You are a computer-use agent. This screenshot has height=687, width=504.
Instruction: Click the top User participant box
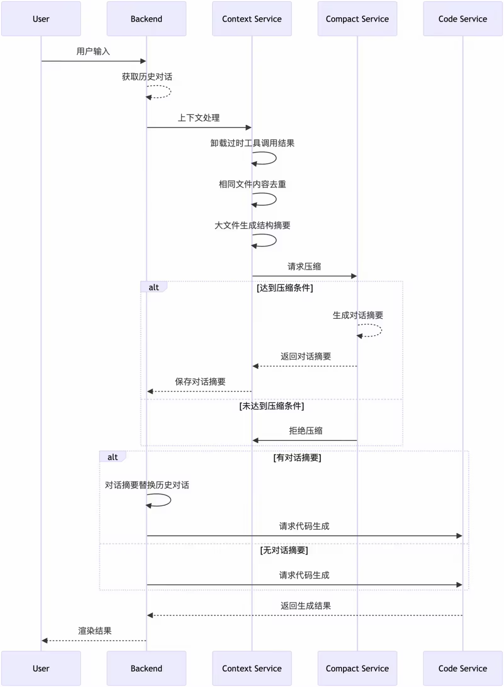click(x=41, y=19)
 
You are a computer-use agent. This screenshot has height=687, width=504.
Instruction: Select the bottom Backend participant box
click(x=146, y=668)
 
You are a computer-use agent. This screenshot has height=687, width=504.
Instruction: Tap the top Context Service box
click(x=252, y=19)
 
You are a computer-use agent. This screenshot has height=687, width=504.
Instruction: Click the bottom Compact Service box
click(x=357, y=668)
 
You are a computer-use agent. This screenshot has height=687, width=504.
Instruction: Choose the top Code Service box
click(x=462, y=19)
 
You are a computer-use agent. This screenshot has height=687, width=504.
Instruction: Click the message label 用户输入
click(x=93, y=51)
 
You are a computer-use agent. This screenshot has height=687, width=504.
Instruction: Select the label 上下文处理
click(x=199, y=118)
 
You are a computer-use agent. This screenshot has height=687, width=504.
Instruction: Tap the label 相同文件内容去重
click(x=252, y=184)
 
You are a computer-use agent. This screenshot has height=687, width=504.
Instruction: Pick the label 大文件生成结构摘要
click(x=252, y=226)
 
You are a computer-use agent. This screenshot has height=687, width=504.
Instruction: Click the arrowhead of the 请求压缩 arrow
click(x=354, y=276)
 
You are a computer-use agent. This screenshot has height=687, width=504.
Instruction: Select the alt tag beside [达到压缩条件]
click(x=154, y=288)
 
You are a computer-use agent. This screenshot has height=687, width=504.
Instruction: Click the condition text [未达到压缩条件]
click(x=272, y=406)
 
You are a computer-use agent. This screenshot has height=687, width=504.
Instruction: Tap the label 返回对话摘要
click(x=306, y=357)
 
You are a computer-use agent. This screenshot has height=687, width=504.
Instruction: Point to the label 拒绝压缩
click(x=306, y=431)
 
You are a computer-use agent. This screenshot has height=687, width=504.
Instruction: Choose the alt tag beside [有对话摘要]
click(x=112, y=457)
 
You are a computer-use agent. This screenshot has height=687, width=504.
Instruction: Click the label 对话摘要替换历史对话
click(x=147, y=485)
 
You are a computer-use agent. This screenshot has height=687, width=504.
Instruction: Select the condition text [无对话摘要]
click(x=284, y=550)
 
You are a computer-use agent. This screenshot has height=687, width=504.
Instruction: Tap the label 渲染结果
click(x=95, y=631)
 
